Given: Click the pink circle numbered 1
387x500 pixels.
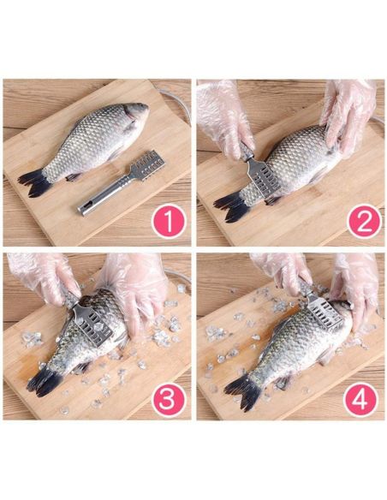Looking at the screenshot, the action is point(169,221).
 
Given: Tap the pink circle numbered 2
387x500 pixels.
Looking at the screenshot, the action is point(364,221).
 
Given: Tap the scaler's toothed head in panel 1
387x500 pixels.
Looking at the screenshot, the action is point(147,165).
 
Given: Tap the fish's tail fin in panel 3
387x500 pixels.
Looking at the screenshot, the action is point(44,382).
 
